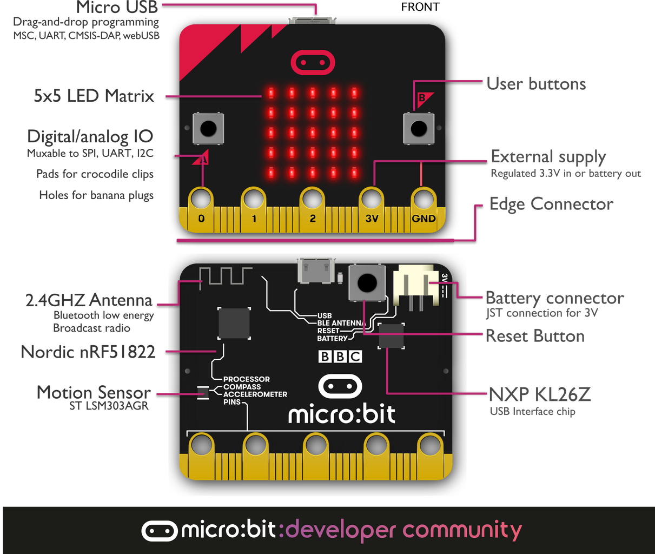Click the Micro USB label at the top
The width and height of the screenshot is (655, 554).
(x=117, y=8)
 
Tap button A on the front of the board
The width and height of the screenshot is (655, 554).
(x=207, y=128)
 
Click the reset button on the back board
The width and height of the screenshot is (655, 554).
(x=367, y=282)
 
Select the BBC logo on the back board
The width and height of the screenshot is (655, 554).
(x=340, y=357)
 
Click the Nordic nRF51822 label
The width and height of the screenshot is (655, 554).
(x=88, y=352)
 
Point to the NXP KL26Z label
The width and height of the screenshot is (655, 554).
(x=539, y=394)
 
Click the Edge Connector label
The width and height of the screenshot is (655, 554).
(x=551, y=205)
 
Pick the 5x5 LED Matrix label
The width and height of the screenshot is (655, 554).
(x=94, y=96)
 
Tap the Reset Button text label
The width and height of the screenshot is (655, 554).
(x=535, y=336)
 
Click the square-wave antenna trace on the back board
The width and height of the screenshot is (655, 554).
(x=222, y=275)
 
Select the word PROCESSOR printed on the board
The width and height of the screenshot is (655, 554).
(x=246, y=379)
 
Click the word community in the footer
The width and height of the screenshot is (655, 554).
(x=462, y=530)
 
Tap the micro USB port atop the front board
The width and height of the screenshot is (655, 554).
(x=312, y=21)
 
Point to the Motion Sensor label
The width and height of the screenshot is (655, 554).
(x=94, y=392)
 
